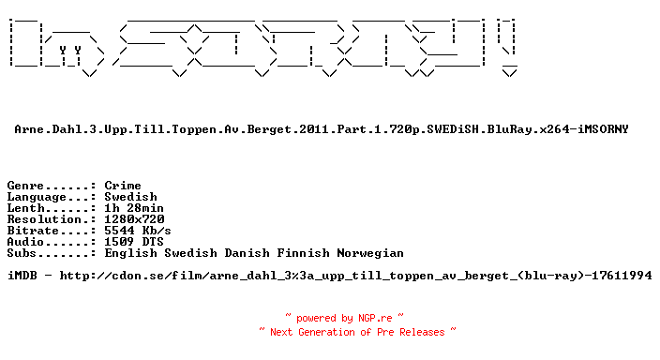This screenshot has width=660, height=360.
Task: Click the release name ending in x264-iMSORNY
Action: coord(322,129)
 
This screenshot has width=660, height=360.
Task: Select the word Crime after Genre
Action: coord(123,186)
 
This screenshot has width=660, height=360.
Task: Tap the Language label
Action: coord(37,197)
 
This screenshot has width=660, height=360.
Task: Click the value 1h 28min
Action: coord(134,208)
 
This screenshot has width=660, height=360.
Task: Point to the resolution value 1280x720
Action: coord(134,219)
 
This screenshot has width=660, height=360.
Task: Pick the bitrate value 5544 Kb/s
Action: coord(138,231)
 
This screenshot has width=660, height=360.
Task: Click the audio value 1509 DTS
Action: coord(134,242)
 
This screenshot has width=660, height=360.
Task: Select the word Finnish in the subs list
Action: coord(303,253)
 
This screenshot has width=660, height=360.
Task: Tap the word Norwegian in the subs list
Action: coord(370,253)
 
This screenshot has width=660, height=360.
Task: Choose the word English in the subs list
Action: coord(130,253)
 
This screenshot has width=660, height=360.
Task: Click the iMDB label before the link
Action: coord(22,276)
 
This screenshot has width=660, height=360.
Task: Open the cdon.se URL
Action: coord(355,276)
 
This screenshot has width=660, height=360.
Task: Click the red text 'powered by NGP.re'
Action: coord(344,319)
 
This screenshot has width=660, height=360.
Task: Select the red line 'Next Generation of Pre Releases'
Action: coord(357,332)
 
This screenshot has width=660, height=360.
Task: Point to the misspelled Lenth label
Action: coord(25,208)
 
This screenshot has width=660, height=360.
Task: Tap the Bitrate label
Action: coord(33,231)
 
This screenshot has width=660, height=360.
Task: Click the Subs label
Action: coord(22,253)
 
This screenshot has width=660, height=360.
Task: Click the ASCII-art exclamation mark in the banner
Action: coord(508,47)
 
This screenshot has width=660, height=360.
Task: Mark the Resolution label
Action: coord(44,219)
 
